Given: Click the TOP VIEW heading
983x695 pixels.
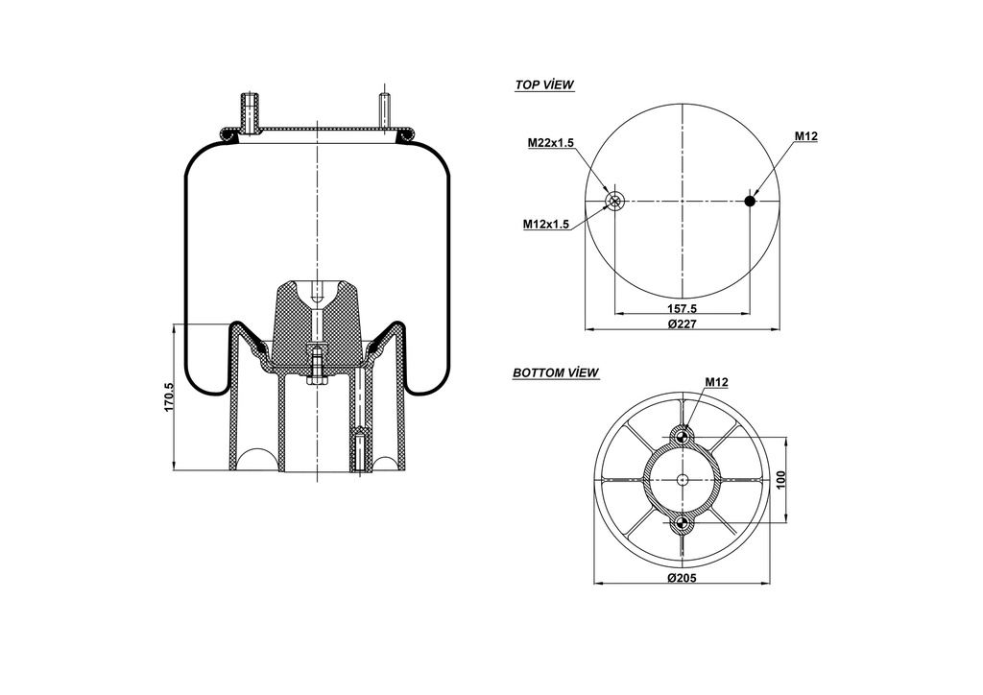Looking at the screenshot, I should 544,84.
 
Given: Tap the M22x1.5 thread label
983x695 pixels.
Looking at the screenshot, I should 550,143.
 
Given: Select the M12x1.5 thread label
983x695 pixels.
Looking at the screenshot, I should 546,224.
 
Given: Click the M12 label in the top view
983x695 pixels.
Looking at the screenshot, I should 805,136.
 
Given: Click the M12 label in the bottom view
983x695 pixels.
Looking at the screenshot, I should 716,382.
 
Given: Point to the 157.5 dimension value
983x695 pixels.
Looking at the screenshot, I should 682,309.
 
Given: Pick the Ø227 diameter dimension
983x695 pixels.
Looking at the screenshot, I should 682,324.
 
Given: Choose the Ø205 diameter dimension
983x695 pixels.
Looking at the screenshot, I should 682,578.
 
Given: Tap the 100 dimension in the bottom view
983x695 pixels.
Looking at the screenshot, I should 780,480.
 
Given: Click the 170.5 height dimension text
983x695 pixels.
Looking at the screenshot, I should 169,398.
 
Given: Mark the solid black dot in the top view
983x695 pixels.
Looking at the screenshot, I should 750,201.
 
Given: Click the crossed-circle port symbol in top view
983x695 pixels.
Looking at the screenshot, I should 614,201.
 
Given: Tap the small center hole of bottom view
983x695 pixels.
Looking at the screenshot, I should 682,480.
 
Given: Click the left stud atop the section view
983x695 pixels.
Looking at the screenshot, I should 249,111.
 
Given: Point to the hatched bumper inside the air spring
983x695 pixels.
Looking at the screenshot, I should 317,322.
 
